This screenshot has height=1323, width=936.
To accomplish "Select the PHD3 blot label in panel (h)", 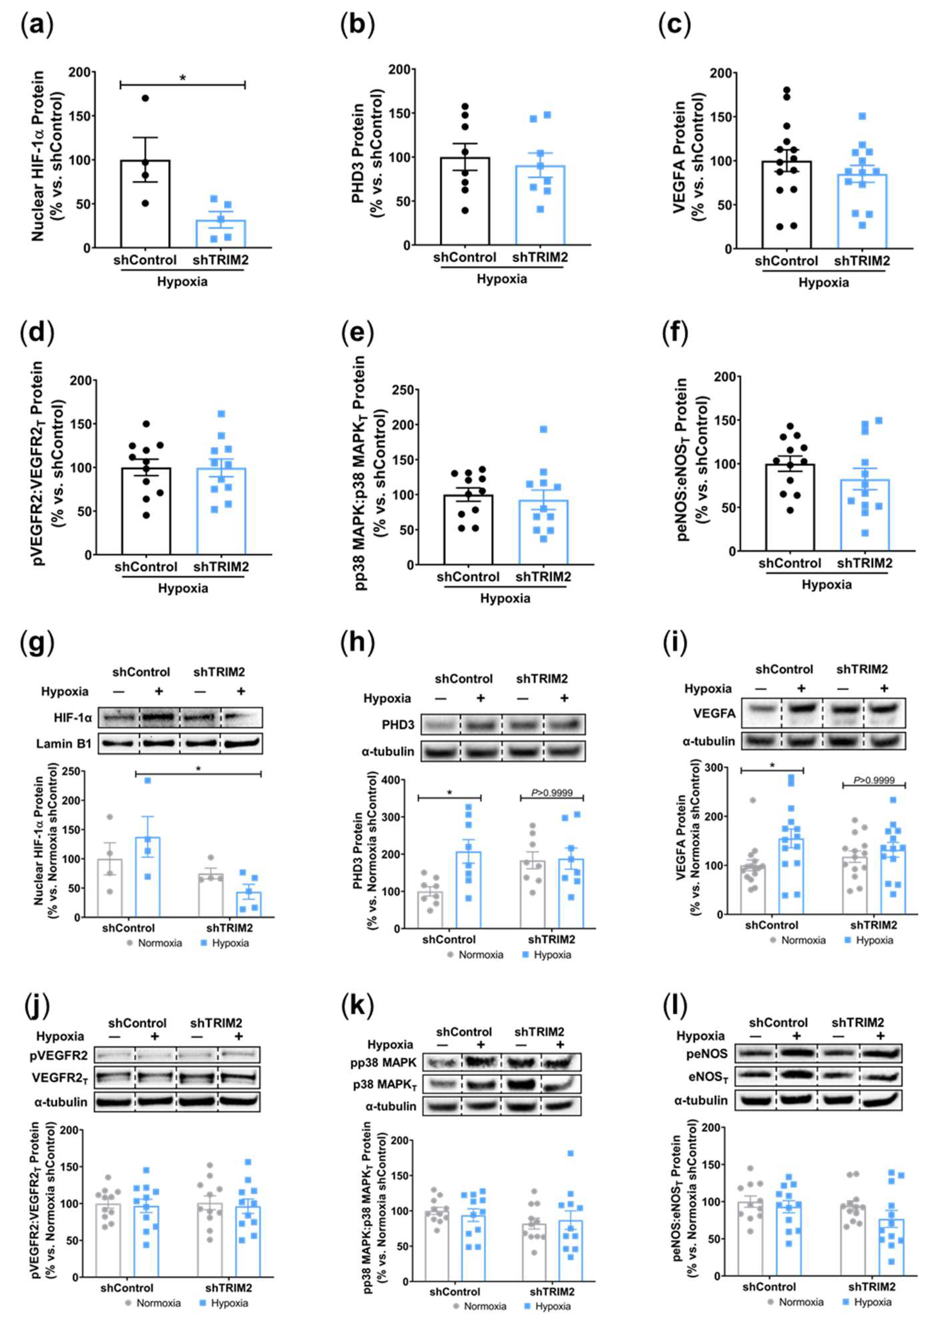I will (398, 724).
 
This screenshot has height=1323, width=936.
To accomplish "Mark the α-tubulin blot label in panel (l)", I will (701, 1100).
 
